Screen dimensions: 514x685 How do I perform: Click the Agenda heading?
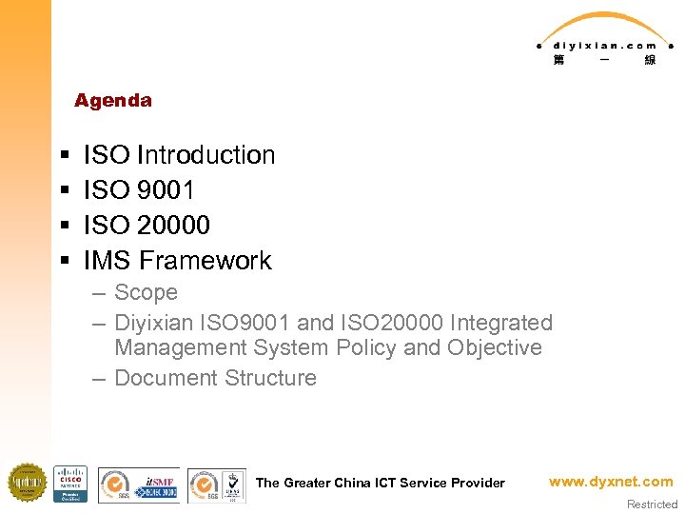click(112, 101)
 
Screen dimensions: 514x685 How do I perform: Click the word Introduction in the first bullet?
click(205, 155)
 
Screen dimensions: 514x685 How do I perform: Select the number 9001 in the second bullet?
click(166, 190)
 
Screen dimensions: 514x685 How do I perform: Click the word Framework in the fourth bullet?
click(205, 261)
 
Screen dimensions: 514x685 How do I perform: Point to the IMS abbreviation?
click(108, 261)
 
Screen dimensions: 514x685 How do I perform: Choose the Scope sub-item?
click(146, 293)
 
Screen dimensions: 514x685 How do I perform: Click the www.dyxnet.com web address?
click(610, 482)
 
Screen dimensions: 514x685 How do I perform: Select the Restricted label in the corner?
click(652, 504)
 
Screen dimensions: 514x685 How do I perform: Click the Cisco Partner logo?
click(70, 484)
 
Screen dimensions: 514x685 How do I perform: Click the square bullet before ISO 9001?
click(63, 191)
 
